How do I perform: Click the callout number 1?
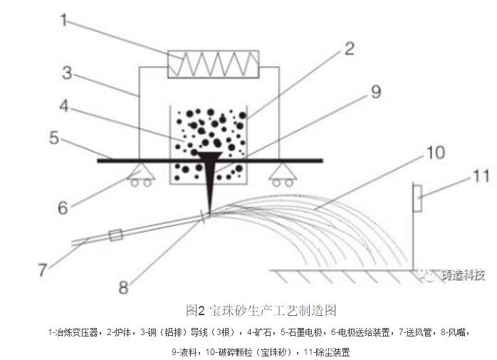[64, 20]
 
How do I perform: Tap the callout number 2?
[350, 49]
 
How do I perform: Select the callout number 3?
[67, 73]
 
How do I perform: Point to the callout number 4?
[64, 106]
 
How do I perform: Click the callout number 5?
[54, 138]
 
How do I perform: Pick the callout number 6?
[63, 208]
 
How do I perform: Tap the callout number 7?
[43, 270]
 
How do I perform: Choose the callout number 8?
[123, 287]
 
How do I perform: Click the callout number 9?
[376, 92]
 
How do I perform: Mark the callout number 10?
[436, 153]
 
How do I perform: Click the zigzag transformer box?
[214, 64]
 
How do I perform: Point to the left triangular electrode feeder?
[141, 174]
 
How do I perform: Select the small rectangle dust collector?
[417, 198]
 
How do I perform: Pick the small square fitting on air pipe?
[115, 235]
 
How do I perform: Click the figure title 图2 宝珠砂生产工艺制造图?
[261, 311]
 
